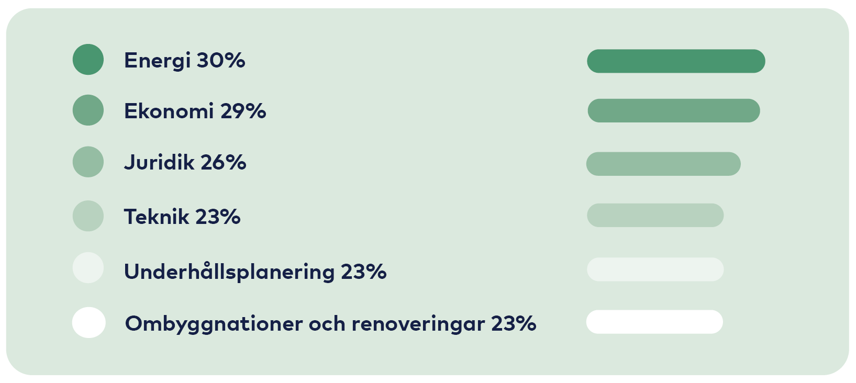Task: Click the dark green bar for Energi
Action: [x=676, y=61]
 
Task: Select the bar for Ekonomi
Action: [x=673, y=110]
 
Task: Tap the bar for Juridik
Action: [x=663, y=164]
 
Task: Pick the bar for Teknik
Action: [x=655, y=215]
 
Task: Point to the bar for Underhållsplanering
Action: [x=655, y=269]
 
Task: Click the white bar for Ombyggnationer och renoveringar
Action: [x=654, y=322]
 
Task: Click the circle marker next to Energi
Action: [x=88, y=59]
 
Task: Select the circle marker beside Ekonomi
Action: [x=88, y=110]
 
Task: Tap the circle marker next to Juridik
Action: [x=88, y=162]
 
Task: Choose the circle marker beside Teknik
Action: [x=88, y=216]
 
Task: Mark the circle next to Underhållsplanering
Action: [x=88, y=268]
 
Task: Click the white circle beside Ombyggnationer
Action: [x=88, y=322]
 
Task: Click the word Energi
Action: [x=157, y=61]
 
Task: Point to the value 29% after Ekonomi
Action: [x=243, y=111]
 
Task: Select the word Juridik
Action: [x=159, y=162]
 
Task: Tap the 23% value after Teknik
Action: [x=218, y=217]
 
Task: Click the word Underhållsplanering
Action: [x=229, y=272]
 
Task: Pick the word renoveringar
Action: [x=418, y=324]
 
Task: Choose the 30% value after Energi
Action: [x=221, y=61]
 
